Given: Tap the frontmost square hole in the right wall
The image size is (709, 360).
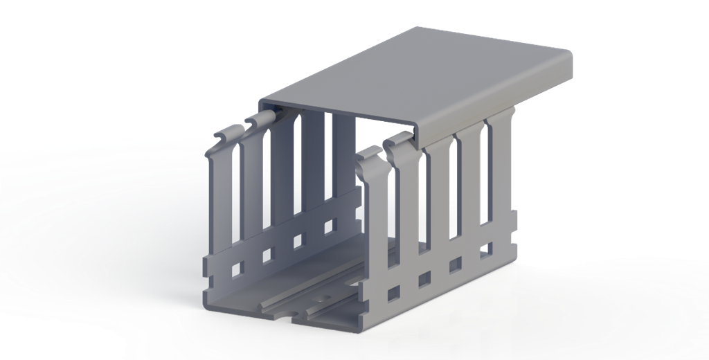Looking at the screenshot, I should pyautogui.click(x=393, y=292).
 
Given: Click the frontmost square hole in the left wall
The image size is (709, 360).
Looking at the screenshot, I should pyautogui.click(x=237, y=267).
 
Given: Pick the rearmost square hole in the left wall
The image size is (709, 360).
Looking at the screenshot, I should pyautogui.click(x=330, y=225).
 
